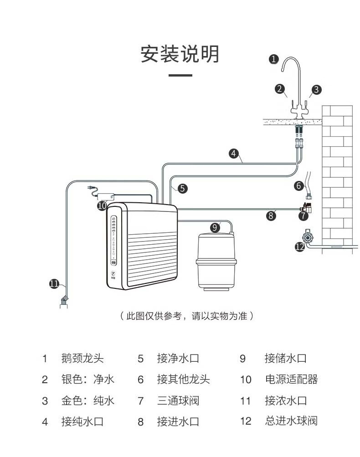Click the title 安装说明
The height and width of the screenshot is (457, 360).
(180, 54)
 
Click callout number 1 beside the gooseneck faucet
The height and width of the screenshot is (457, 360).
(273, 59)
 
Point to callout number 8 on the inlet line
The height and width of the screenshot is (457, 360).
(272, 216)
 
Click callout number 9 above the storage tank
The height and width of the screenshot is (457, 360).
(215, 227)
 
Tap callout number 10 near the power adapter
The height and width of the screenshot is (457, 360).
(102, 205)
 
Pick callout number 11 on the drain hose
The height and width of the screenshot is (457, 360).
(54, 284)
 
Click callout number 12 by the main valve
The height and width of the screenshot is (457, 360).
(299, 246)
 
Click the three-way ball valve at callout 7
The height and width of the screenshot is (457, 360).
(308, 208)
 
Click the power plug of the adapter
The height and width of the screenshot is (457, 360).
(91, 187)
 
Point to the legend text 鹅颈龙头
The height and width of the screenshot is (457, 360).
(82, 358)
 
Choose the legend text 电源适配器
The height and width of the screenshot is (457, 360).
(291, 379)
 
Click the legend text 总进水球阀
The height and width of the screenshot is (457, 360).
(291, 421)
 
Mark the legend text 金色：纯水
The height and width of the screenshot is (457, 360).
(88, 401)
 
